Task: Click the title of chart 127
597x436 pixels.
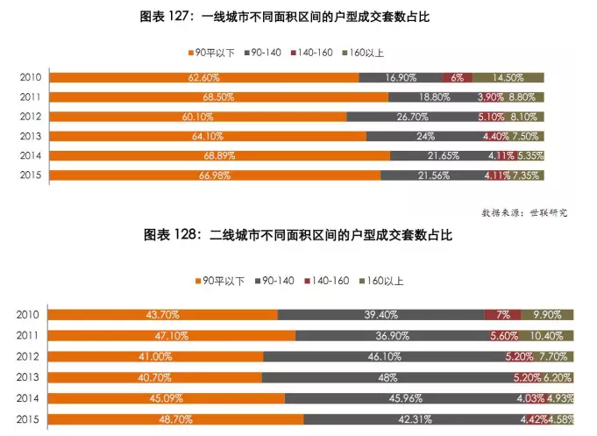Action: coord(298,17)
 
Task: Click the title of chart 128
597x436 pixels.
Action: coord(298,236)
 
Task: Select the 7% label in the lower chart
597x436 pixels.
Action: coord(503,315)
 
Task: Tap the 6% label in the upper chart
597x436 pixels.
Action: coord(457,78)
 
